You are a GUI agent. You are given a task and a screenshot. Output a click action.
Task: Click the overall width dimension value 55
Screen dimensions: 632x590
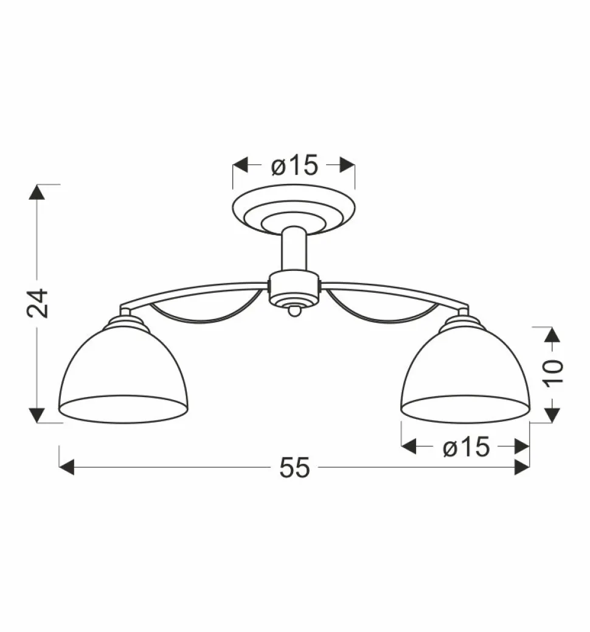coord(295,468)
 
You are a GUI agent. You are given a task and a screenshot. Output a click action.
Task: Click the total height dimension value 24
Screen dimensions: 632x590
coord(38,303)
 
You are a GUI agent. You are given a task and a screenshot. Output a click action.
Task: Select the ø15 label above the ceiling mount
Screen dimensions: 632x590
coord(294,165)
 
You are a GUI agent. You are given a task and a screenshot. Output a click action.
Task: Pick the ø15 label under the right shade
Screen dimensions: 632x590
coord(466,448)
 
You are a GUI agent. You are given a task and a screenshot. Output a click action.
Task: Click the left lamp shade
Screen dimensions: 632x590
coord(123,371)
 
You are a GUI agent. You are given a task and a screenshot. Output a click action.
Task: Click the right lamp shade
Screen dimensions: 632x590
coord(465,371)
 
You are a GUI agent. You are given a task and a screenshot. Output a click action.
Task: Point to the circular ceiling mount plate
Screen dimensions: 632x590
coord(294,210)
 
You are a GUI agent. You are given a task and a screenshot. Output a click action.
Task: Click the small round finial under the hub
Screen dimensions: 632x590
coord(294,311)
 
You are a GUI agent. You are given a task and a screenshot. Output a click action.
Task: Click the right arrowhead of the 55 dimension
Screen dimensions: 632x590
coord(522,468)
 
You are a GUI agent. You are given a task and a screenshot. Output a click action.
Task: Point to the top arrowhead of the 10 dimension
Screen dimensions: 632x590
coord(552,334)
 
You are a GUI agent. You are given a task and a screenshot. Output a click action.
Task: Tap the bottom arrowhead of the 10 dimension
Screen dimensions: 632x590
coord(552,414)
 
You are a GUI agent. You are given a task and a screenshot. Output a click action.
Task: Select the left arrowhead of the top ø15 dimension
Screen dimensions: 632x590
coord(241,165)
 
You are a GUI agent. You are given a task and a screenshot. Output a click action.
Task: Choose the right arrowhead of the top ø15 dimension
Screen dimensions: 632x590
coord(347,165)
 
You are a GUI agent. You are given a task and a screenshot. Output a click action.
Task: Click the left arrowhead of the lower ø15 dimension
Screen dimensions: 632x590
coord(409,448)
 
